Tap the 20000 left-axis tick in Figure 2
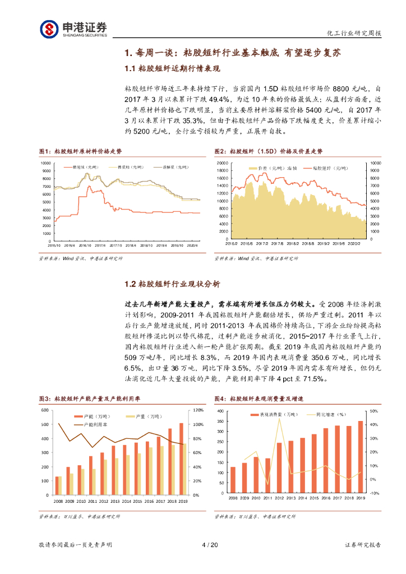coord(221,163)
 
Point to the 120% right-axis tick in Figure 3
coord(197,410)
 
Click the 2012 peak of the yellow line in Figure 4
coord(279,418)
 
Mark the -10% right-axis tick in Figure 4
coord(373,493)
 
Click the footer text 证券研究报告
coord(362,545)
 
